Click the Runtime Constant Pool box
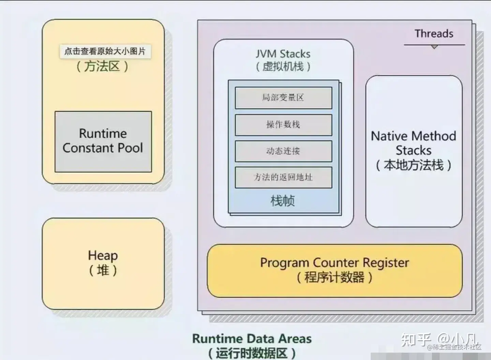[x=103, y=141]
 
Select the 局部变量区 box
[x=283, y=98]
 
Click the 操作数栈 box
[x=283, y=125]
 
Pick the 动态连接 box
[x=283, y=151]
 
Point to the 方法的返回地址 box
[x=283, y=177]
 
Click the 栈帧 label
[x=283, y=201]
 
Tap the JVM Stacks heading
[x=283, y=54]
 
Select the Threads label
[x=434, y=34]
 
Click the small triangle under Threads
[x=434, y=47]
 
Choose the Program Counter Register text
[x=334, y=263]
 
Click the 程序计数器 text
[x=334, y=277]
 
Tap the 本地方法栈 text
[x=414, y=165]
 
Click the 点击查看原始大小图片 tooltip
[x=105, y=52]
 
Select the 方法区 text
[x=102, y=66]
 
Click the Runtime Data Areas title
[x=252, y=339]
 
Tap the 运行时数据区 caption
[x=252, y=353]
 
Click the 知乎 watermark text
[x=416, y=339]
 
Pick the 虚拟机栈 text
[x=283, y=67]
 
